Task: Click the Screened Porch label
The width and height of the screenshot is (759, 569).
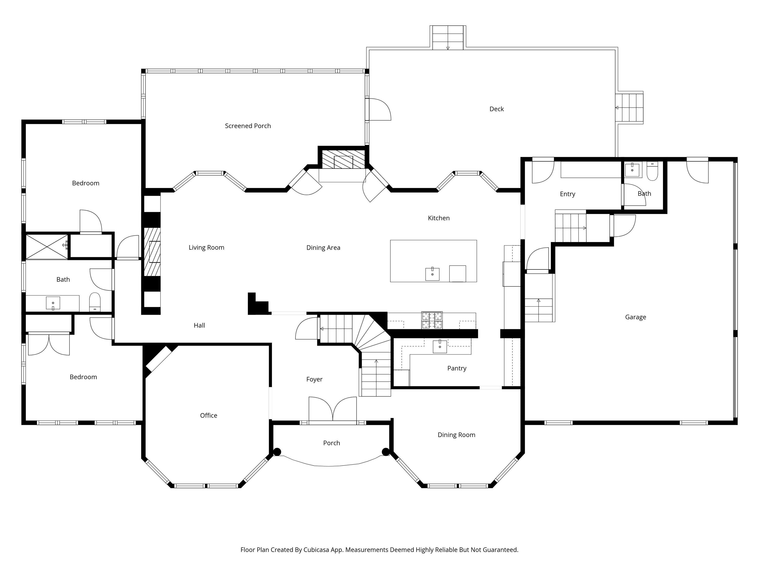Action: [248, 126]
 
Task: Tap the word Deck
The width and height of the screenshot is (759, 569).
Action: [497, 109]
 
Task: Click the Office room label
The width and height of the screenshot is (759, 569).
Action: [209, 415]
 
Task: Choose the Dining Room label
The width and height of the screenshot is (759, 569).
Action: [456, 435]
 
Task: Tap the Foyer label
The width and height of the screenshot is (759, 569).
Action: [314, 379]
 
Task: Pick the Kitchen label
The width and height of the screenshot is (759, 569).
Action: [439, 218]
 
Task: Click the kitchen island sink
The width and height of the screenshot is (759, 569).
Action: [432, 274]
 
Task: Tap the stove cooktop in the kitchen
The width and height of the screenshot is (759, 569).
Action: [432, 320]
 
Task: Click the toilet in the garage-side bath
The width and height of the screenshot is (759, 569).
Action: [652, 171]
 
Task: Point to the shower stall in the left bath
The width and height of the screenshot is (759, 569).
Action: [47, 247]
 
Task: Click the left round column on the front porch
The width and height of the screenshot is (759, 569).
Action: [277, 452]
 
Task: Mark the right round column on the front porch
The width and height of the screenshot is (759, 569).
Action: [386, 452]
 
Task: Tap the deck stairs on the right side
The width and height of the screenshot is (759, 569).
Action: [629, 108]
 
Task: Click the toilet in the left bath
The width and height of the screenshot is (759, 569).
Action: [95, 302]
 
